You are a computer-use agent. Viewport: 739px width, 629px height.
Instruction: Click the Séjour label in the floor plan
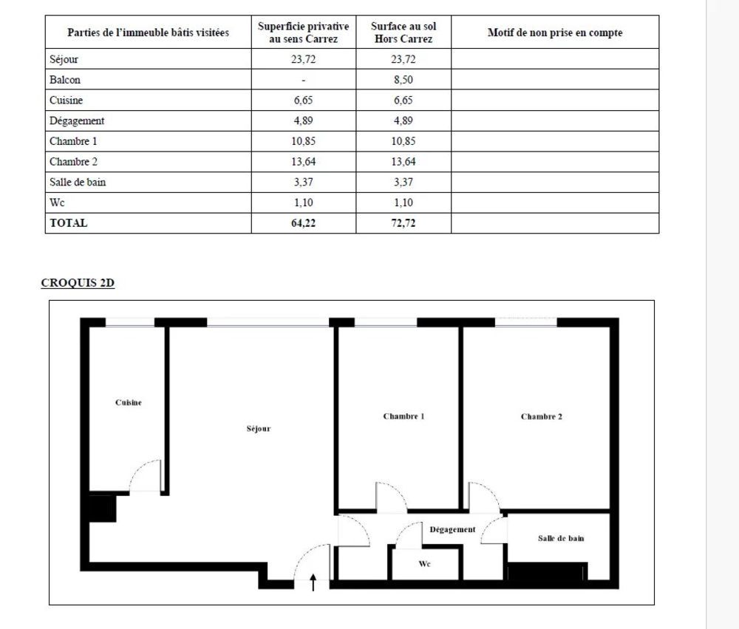pyautogui.click(x=259, y=429)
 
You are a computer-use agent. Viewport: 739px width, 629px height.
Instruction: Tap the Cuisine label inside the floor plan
pyautogui.click(x=129, y=403)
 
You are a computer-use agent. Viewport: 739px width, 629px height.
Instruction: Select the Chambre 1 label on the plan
pyautogui.click(x=403, y=416)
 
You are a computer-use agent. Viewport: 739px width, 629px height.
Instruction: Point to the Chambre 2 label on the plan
pyautogui.click(x=542, y=416)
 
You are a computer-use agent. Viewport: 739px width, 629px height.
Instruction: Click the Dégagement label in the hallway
pyautogui.click(x=452, y=529)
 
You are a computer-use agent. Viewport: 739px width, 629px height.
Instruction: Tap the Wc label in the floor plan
pyautogui.click(x=424, y=564)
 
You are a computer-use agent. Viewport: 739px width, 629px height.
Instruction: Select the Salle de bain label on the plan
pyautogui.click(x=561, y=538)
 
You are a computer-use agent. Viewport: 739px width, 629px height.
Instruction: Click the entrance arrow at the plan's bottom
pyautogui.click(x=313, y=582)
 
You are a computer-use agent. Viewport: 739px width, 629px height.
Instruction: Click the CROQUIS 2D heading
pyautogui.click(x=78, y=283)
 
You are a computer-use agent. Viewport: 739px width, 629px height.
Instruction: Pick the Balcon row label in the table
pyautogui.click(x=65, y=80)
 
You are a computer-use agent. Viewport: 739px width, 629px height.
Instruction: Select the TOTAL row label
pyautogui.click(x=68, y=222)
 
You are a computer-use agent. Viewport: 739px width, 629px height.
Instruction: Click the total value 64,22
pyautogui.click(x=303, y=222)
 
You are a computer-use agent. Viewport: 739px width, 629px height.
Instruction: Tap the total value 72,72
pyautogui.click(x=403, y=222)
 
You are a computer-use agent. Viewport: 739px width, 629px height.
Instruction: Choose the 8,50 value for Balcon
pyautogui.click(x=403, y=80)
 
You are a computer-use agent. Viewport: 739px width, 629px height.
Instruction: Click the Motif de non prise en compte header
pyautogui.click(x=555, y=33)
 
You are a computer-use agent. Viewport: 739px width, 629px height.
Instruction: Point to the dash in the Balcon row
pyautogui.click(x=303, y=80)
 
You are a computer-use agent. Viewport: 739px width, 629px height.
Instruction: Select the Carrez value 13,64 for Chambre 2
pyautogui.click(x=303, y=162)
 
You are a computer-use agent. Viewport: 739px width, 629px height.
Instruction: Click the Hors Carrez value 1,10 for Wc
pyautogui.click(x=403, y=203)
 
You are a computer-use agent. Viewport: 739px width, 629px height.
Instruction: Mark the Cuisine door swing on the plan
pyautogui.click(x=146, y=477)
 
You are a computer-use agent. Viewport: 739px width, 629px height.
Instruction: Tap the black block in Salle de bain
pyautogui.click(x=547, y=571)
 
